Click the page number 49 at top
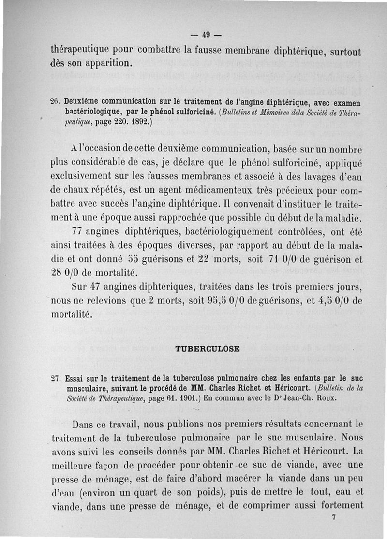point(206,35)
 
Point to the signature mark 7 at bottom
point(334,517)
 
